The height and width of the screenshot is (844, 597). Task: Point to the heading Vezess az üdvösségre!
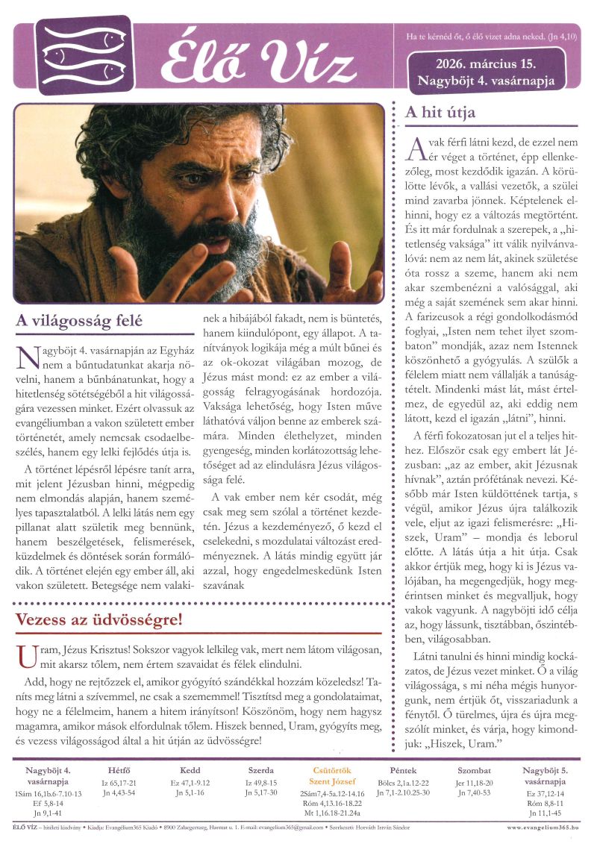99,620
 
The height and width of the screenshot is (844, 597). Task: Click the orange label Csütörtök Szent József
331,775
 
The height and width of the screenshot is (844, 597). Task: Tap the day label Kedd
190,770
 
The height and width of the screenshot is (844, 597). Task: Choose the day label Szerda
261,770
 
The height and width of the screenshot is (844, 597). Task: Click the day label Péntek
403,770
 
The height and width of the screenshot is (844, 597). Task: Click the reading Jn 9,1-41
48,813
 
